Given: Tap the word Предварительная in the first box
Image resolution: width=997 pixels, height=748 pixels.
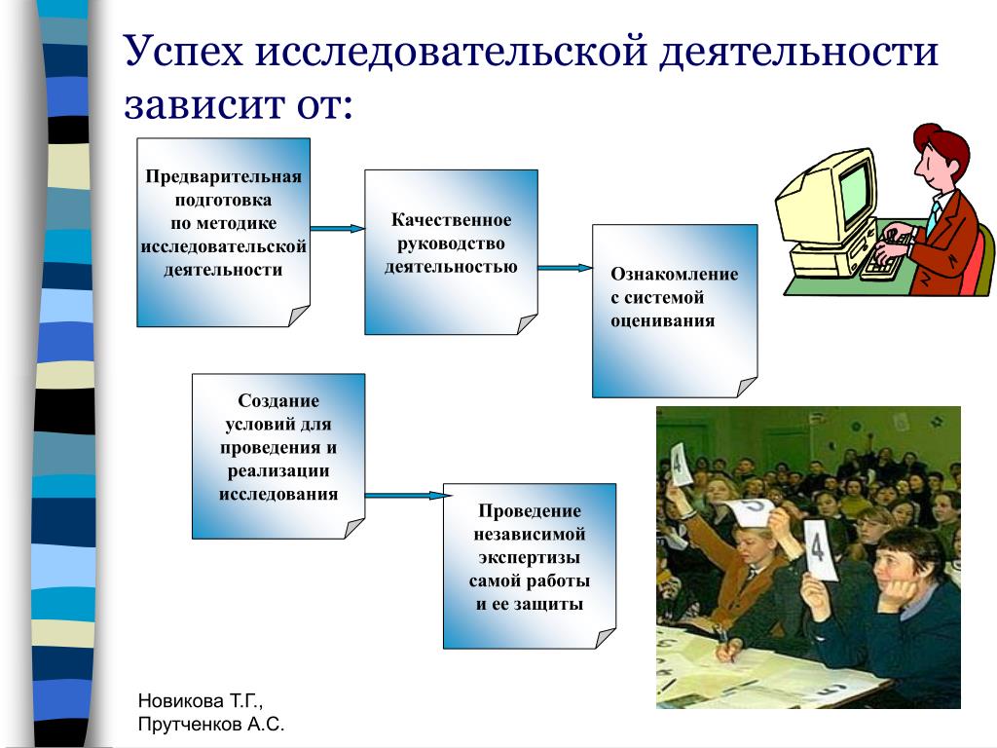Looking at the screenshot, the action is coord(223,176).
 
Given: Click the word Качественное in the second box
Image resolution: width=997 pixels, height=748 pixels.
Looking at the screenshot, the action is coord(451,219).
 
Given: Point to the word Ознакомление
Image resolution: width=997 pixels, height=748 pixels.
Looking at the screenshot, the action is coord(675,274).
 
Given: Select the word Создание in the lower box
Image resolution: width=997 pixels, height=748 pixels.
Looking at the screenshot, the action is coord(278,400).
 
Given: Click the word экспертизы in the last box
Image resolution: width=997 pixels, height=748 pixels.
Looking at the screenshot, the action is coord(529,558).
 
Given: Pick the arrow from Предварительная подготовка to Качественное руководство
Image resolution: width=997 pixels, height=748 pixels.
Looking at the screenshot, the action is coord(338,228).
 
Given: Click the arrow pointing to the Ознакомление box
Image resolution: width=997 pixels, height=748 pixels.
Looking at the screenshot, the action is coord(566,268).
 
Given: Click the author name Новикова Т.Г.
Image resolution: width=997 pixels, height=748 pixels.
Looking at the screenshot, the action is coord(201,701).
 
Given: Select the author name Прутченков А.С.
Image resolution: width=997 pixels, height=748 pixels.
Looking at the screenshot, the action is coord(211,725).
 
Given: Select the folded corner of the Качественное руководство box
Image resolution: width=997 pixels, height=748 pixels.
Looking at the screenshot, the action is coord(527,323).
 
